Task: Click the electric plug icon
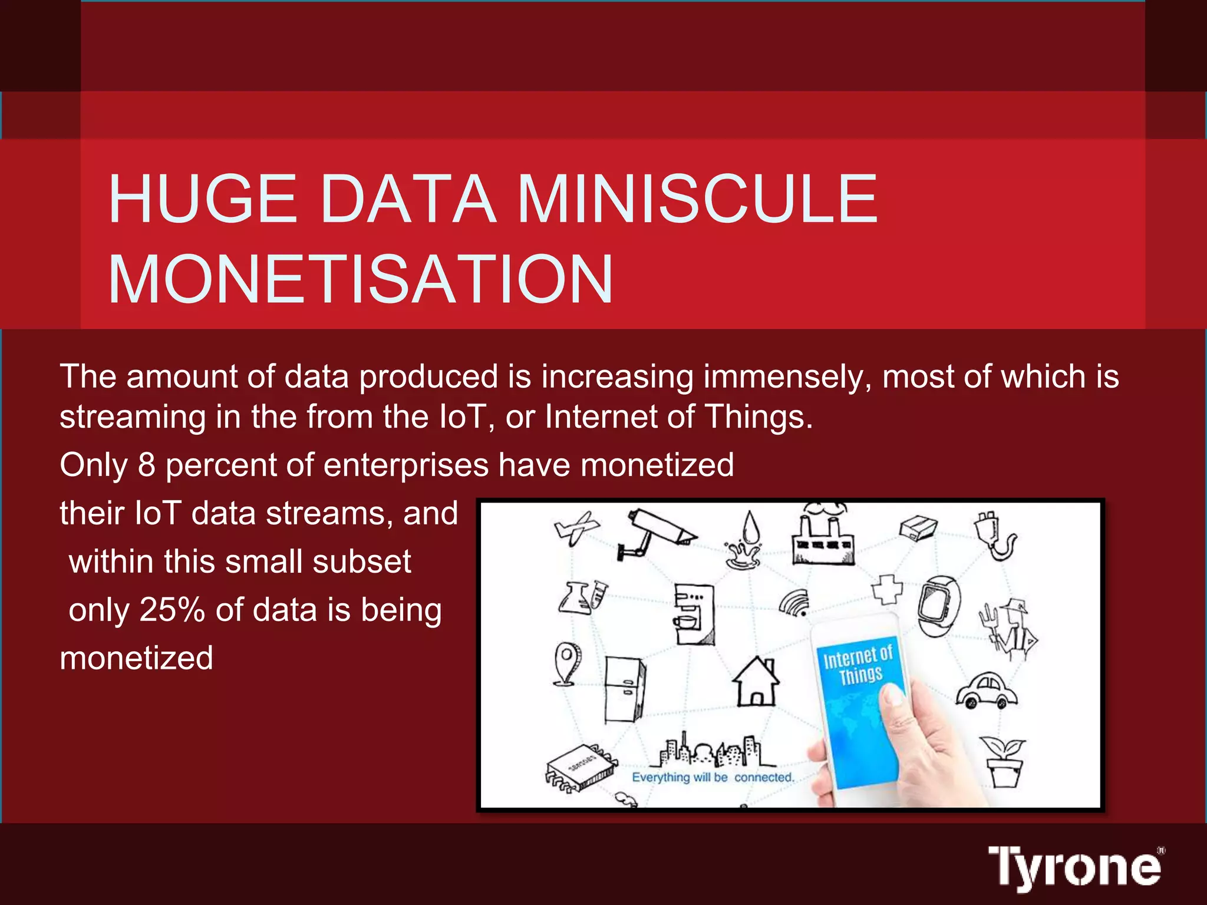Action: (x=995, y=535)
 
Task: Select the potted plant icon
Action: (x=1003, y=760)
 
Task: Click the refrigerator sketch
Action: (x=625, y=689)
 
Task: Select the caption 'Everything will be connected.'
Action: (x=713, y=777)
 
